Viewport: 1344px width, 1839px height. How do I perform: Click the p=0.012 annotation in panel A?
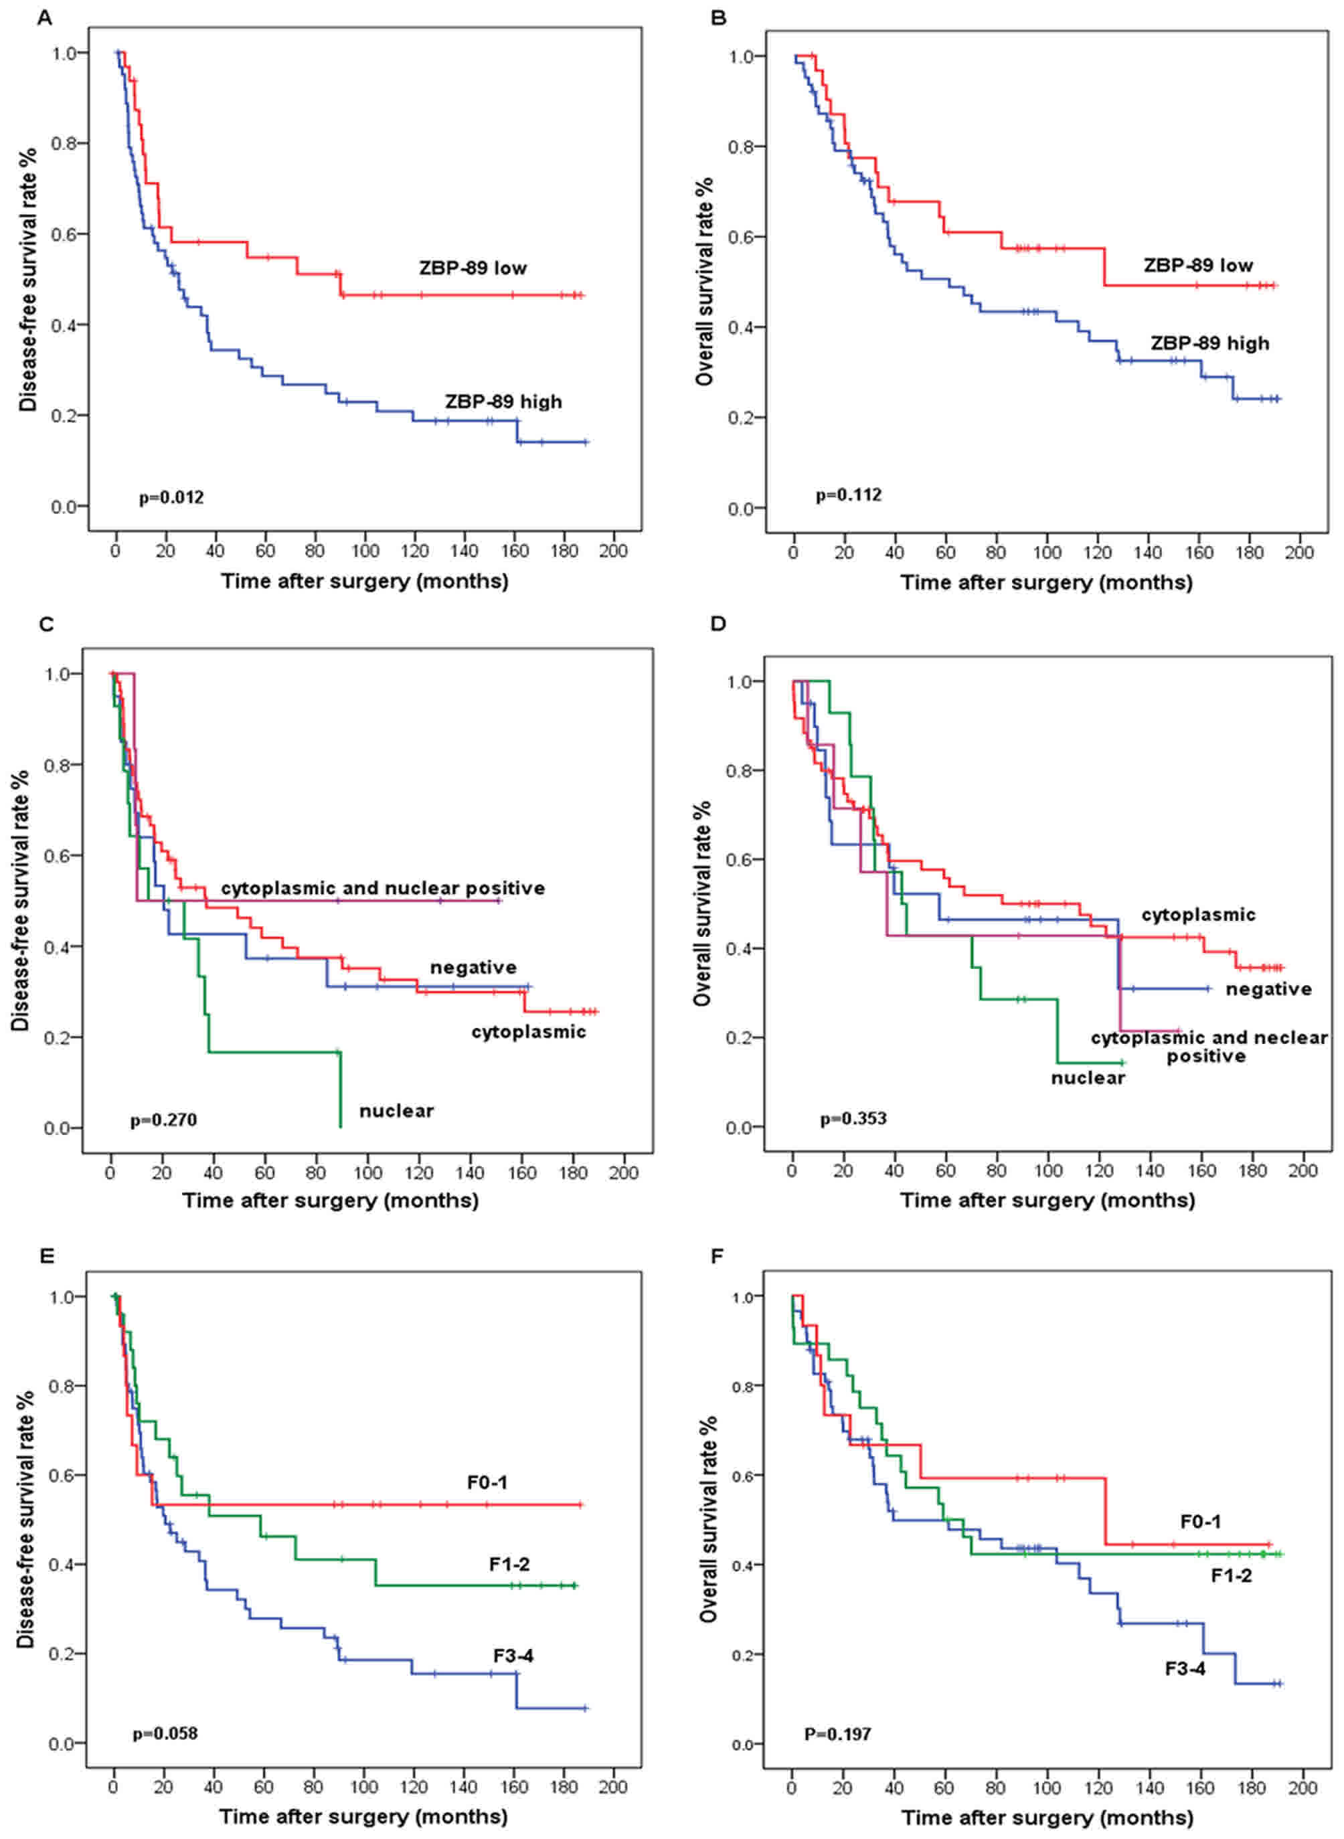coord(171,497)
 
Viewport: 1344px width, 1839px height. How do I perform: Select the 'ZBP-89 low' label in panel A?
coord(473,268)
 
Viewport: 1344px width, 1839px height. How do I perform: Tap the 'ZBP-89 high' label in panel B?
coord(1209,343)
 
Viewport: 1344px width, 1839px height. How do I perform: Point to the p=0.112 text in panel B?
coord(849,495)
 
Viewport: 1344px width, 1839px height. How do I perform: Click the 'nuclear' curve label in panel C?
coord(396,1110)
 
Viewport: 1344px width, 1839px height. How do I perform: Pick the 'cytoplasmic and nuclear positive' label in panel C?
coord(382,887)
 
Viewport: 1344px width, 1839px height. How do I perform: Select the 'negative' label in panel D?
coord(1268,989)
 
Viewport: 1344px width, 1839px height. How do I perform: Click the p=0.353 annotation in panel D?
coord(853,1118)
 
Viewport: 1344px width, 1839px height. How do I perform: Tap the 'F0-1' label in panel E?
coord(487,1482)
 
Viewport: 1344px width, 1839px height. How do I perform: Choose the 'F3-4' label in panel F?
coord(1185,1669)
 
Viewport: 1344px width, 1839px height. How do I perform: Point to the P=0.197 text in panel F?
coord(837,1734)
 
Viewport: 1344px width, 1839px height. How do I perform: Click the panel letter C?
coord(46,624)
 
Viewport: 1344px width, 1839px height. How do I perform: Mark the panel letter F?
coord(717,1257)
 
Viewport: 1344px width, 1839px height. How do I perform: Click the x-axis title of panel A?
coord(365,581)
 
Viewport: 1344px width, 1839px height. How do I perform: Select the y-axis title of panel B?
coord(705,280)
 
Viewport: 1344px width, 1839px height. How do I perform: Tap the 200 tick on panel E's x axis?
coord(612,1786)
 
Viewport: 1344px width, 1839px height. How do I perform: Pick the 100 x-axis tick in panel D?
coord(1048,1170)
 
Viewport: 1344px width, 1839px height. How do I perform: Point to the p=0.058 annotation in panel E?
coord(165,1733)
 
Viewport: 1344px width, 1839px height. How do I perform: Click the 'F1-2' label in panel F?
coord(1231,1575)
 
